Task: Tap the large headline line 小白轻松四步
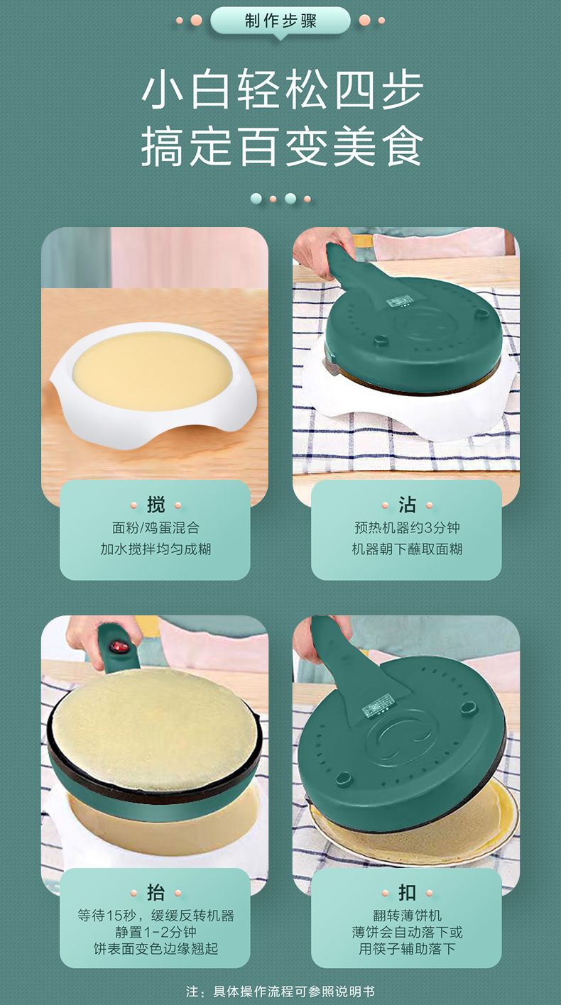coord(283,89)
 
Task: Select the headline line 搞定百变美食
coord(283,145)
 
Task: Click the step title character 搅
coord(156,505)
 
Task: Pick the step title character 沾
coord(407,505)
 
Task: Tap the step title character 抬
coord(156,893)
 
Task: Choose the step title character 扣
coord(407,893)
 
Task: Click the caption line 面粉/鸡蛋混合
coord(156,527)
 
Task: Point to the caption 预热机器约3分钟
coord(407,527)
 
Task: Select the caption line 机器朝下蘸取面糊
coord(407,549)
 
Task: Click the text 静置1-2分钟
coord(156,932)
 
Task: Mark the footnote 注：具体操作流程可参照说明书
coord(280,991)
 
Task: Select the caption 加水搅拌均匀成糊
coord(156,549)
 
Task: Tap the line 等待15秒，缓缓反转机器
coord(156,916)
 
